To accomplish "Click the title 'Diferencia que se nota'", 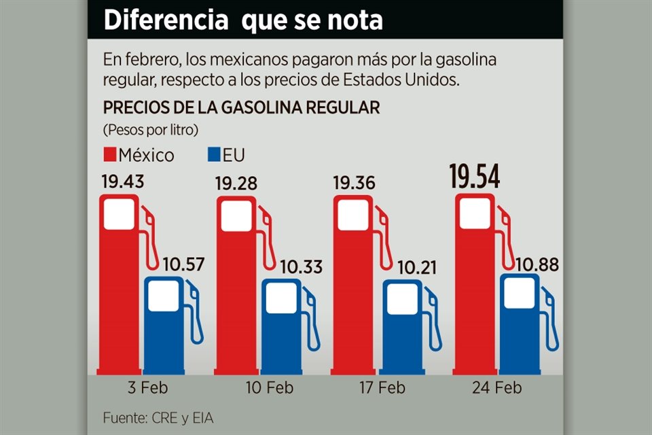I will (x=243, y=20).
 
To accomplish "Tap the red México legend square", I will (x=110, y=155).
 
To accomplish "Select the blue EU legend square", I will (x=213, y=155).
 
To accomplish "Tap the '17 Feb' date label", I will (x=383, y=388).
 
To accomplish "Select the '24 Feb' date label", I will (x=499, y=388).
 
